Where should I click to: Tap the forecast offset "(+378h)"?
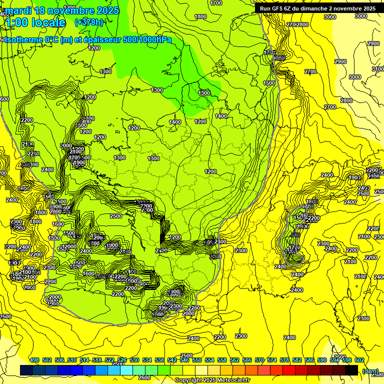pyautogui.click(x=89, y=22)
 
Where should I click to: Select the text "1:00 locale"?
pyautogui.click(x=35, y=22)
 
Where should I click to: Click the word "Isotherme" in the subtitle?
pyautogui.click(x=23, y=40)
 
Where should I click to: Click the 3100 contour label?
pyautogui.click(x=378, y=69)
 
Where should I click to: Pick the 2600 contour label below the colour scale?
pyautogui.click(x=144, y=377)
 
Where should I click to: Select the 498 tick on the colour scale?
pyautogui.click(x=34, y=360)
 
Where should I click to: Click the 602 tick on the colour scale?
pyautogui.click(x=359, y=360)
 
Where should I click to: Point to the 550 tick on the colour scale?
pyautogui.click(x=197, y=360)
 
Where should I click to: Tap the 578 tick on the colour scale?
pyautogui.click(x=284, y=360)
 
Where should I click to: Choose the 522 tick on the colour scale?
pyautogui.click(x=109, y=360)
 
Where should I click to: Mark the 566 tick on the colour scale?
pyautogui.click(x=247, y=360)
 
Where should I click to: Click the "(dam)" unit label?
pyautogui.click(x=370, y=370)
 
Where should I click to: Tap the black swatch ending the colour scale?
pyautogui.click(x=351, y=370)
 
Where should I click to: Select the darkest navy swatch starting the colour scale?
pyautogui.click(x=26, y=370)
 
